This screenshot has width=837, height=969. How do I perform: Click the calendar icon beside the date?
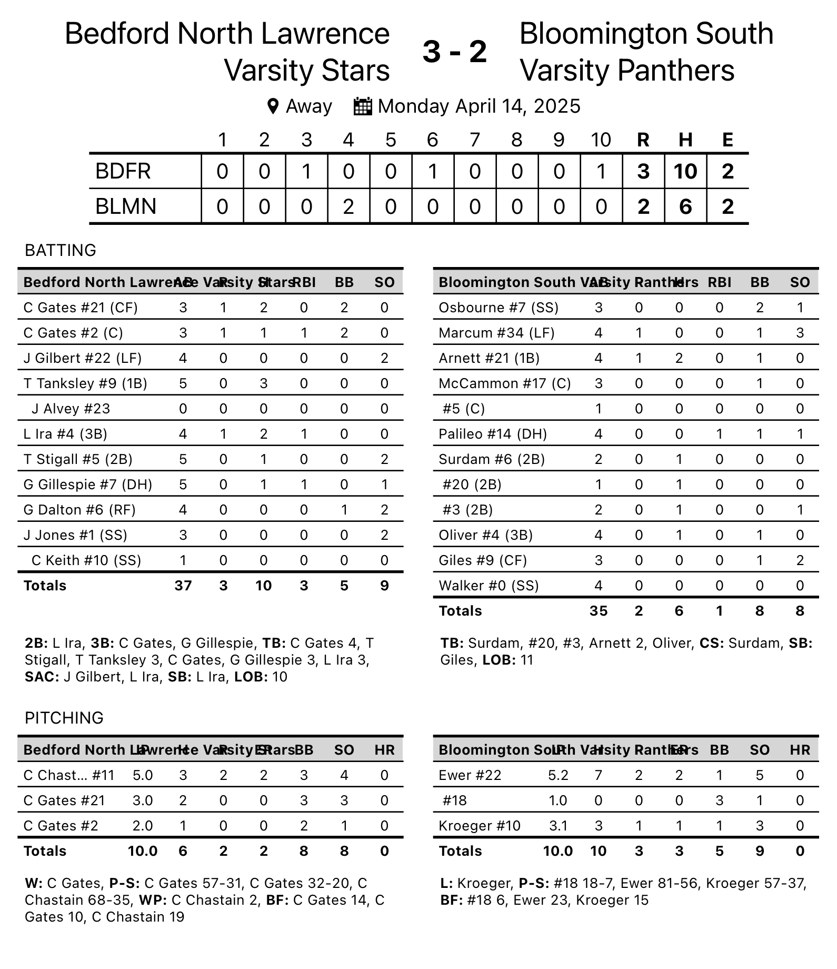[x=363, y=106]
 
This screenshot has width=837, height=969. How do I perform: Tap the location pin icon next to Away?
[x=273, y=106]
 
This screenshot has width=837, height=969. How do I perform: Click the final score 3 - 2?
[x=455, y=52]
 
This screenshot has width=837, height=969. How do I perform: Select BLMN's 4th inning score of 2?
[x=348, y=206]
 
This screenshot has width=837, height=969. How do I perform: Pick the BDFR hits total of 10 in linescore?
[x=685, y=172]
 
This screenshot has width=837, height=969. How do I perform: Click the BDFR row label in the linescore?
[x=123, y=172]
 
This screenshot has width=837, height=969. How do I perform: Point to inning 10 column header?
[x=601, y=140]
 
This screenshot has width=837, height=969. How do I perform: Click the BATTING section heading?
[x=61, y=250]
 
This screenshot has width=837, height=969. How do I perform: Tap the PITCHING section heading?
[x=64, y=718]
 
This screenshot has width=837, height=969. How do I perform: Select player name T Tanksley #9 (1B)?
[x=85, y=383]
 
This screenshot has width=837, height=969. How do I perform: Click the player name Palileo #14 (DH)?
[x=493, y=434]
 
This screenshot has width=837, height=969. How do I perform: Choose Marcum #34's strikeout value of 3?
[x=800, y=333]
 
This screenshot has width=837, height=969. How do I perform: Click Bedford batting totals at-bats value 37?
[x=183, y=586]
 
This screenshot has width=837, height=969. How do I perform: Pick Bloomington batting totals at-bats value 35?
[x=598, y=611]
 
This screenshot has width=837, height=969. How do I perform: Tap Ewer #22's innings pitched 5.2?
[x=558, y=775]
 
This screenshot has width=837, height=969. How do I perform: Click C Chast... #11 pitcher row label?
[x=68, y=775]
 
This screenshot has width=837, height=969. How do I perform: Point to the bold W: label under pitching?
[x=34, y=883]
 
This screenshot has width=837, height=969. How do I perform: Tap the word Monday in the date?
[x=413, y=106]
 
